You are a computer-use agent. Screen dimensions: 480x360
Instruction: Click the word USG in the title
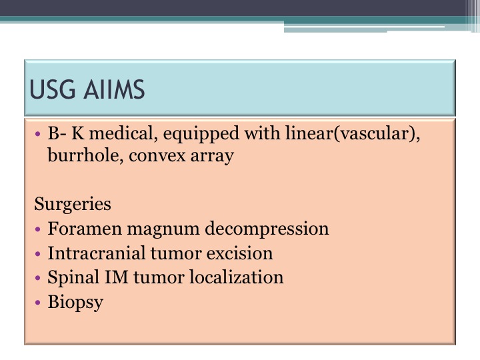click(53, 89)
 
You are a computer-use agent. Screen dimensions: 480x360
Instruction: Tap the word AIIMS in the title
click(114, 89)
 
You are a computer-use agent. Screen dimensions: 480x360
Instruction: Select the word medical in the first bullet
click(123, 134)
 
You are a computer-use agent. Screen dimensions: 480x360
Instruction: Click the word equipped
click(201, 135)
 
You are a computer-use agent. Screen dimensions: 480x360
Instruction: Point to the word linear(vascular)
click(353, 135)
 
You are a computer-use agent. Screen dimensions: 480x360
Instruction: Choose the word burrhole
click(85, 155)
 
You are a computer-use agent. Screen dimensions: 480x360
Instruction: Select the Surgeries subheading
click(73, 205)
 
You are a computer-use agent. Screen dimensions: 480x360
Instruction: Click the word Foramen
click(85, 229)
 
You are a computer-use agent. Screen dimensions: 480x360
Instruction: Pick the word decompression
click(267, 229)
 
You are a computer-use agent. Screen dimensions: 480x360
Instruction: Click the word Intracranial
click(97, 253)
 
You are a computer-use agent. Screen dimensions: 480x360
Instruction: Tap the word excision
click(240, 253)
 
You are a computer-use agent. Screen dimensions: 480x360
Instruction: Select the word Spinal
click(73, 278)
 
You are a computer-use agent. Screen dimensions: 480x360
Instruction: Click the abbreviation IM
click(116, 277)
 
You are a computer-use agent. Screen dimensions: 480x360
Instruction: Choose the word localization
click(236, 277)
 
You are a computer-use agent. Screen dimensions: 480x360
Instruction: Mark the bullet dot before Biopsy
click(37, 303)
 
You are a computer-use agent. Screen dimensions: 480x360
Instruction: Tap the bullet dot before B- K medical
click(37, 134)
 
